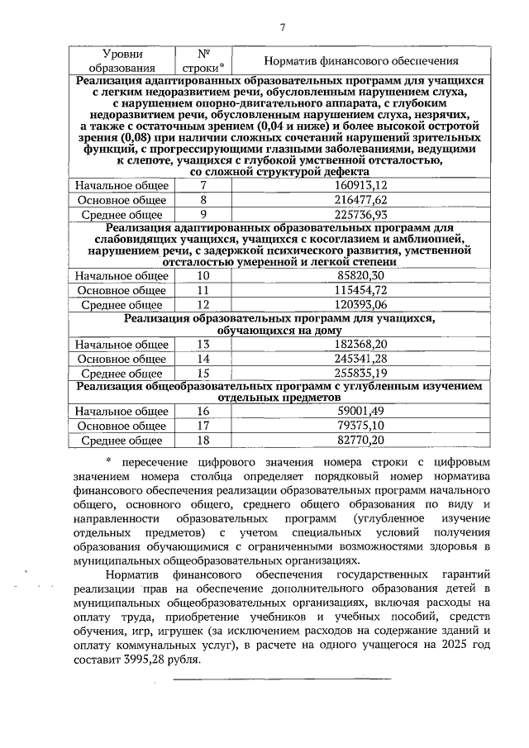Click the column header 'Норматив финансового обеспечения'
360,61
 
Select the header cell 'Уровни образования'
122,60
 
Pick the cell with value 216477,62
360,200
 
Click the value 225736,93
360,214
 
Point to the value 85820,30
360,275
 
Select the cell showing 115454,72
360,290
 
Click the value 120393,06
360,304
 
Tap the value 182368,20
360,344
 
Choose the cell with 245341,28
360,359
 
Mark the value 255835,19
360,373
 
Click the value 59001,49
360,412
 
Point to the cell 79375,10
360,426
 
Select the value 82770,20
360,440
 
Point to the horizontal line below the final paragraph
281,679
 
